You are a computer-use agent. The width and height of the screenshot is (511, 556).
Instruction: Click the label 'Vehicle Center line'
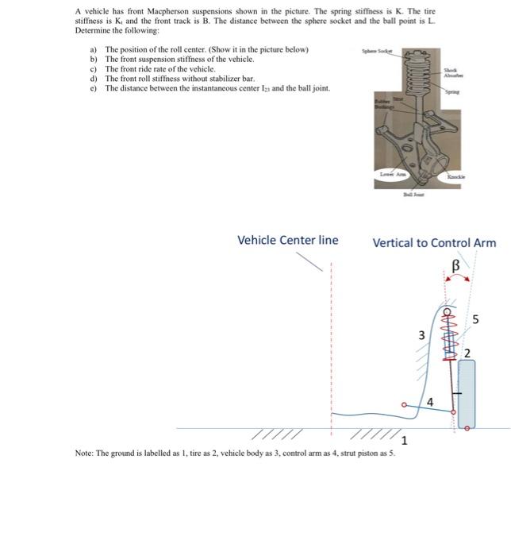287,240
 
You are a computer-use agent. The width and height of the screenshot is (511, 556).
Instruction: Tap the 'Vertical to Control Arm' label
434,242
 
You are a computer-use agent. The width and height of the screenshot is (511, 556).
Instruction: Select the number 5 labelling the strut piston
476,319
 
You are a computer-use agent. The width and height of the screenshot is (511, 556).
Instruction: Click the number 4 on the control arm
430,402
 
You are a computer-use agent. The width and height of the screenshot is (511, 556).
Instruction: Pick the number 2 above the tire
467,352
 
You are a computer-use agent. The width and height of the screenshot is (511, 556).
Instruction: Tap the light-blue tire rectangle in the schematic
467,393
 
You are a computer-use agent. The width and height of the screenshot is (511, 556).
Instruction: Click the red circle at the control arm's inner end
404,404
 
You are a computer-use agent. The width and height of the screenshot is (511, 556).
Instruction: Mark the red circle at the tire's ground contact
467,428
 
